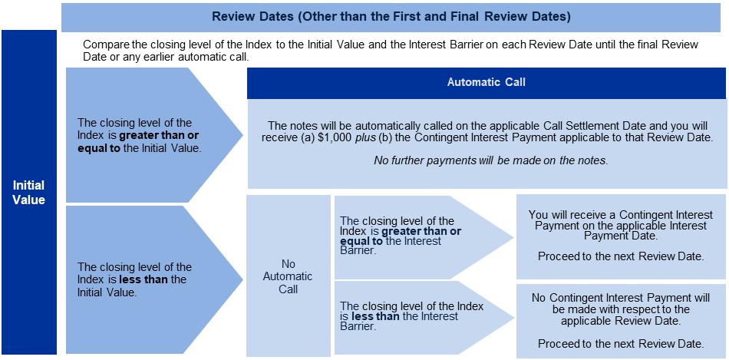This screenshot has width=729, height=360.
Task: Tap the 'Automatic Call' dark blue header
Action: point(487,82)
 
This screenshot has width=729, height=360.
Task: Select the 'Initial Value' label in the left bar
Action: point(28,192)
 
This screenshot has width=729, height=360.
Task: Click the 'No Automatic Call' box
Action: point(288,276)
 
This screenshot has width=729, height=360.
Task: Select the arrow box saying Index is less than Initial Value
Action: point(146,279)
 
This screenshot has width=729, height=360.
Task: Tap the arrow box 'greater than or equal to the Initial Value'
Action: point(146,135)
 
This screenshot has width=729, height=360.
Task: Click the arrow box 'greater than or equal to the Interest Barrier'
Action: point(414,235)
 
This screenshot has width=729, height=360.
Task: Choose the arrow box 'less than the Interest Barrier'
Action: point(414,316)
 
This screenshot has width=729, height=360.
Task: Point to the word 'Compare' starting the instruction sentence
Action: point(104,45)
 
